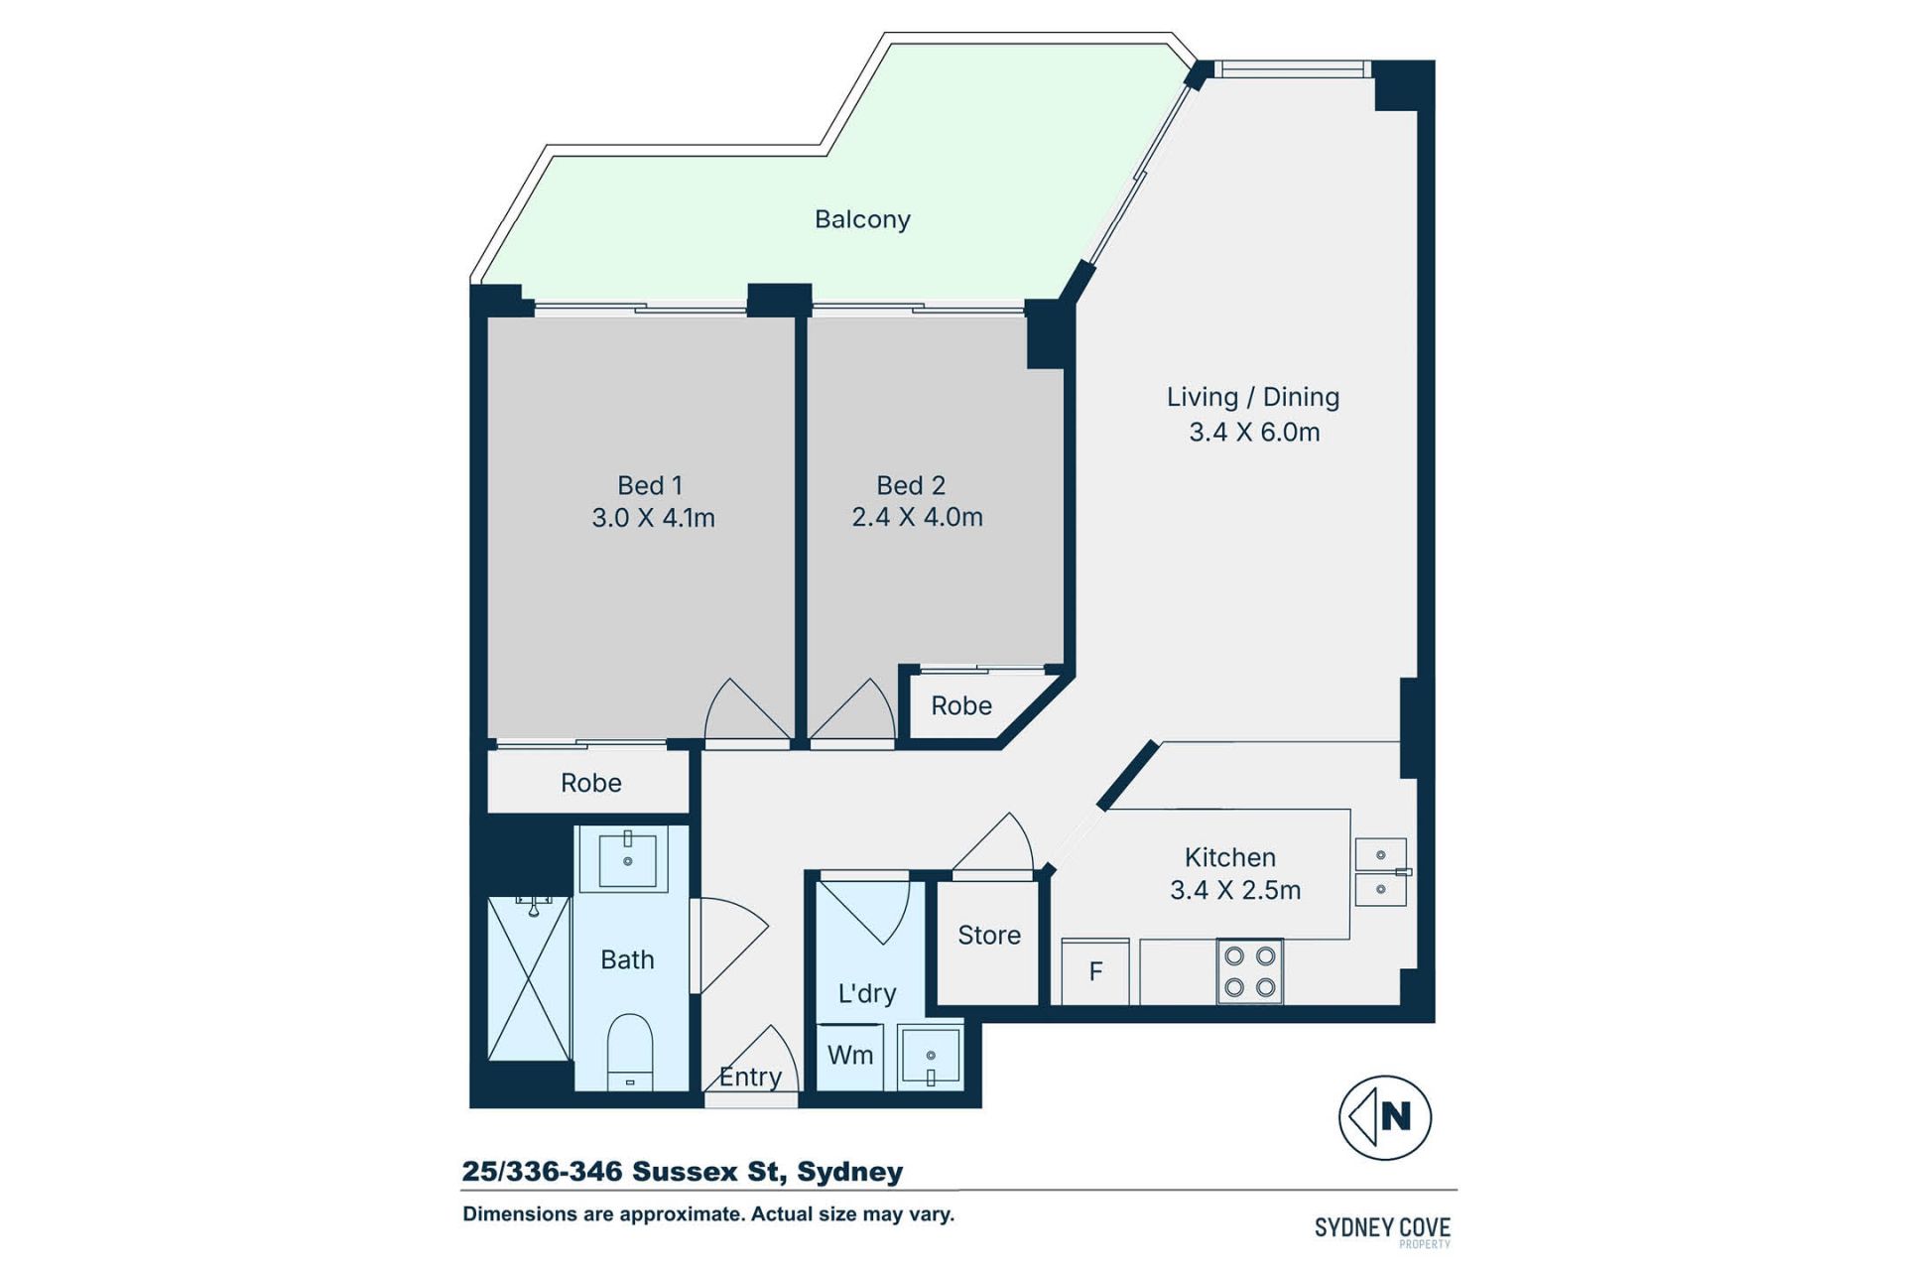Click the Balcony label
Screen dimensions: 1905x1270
point(862,219)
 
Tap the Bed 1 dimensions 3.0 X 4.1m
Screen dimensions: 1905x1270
point(653,518)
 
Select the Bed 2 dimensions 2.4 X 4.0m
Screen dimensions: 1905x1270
point(917,517)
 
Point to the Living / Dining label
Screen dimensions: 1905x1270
point(1253,397)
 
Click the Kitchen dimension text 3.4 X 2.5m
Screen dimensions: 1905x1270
point(1235,890)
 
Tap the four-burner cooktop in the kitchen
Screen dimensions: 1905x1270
point(1250,971)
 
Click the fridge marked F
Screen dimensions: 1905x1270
point(1095,971)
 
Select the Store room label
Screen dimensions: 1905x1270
point(989,935)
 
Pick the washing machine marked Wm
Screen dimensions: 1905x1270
point(850,1056)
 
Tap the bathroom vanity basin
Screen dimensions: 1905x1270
point(627,860)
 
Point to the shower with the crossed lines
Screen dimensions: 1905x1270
point(530,978)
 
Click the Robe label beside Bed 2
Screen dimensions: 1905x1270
point(961,705)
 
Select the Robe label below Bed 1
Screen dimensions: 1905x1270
point(591,783)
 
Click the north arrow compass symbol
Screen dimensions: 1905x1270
point(1385,1117)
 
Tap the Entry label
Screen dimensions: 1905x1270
point(750,1077)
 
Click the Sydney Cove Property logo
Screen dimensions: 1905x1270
point(1382,1231)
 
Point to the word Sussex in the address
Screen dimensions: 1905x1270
point(686,1172)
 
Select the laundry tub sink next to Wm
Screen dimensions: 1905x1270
point(931,1056)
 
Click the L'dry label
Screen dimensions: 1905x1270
point(867,993)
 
